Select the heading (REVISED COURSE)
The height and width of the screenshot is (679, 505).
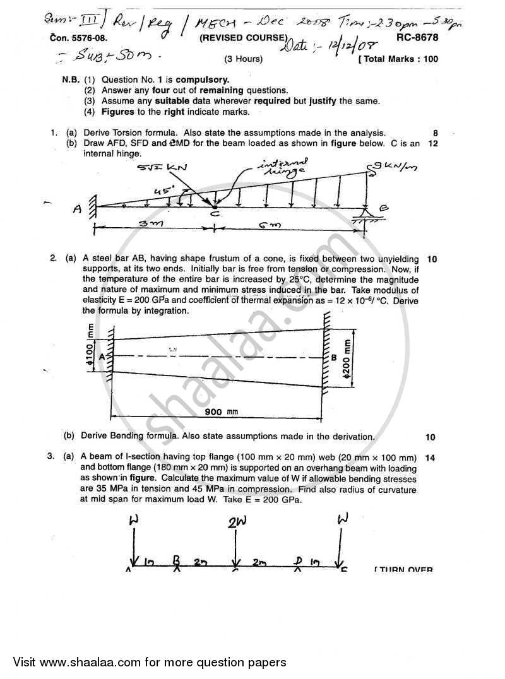pyautogui.click(x=243, y=38)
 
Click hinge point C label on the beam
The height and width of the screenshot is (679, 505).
pyautogui.click(x=215, y=215)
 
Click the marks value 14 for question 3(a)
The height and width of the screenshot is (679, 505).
pyautogui.click(x=432, y=458)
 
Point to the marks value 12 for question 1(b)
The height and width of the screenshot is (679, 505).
pyautogui.click(x=432, y=143)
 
